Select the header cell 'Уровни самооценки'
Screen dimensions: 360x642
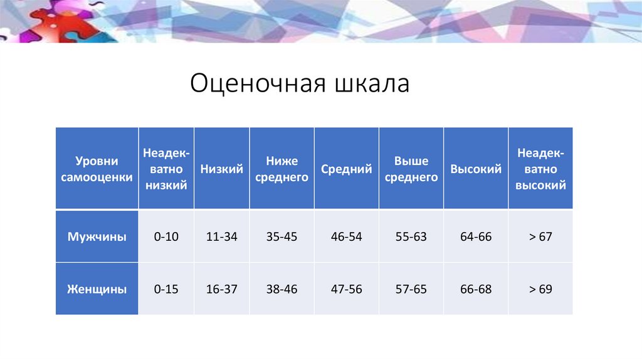coord(96,169)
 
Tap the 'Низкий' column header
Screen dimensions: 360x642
coord(222,169)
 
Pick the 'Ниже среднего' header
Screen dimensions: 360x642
coord(282,169)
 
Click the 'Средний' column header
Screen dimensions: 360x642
coord(347,169)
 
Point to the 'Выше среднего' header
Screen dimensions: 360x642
coord(411,169)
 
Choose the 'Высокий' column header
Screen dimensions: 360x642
coord(476,169)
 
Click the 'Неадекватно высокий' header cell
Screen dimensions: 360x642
coord(540,169)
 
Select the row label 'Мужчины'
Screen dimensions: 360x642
coord(97,237)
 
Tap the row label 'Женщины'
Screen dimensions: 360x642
coord(97,289)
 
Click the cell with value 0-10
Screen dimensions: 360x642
coord(166,237)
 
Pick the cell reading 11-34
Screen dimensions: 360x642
coord(222,237)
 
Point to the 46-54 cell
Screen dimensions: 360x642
coord(347,237)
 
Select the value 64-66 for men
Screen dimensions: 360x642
coord(476,237)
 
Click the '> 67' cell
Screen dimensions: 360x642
coord(540,237)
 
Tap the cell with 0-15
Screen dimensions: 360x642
coord(166,289)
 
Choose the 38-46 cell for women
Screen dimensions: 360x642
coord(282,289)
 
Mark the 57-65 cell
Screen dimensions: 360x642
coord(411,289)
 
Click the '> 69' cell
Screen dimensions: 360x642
coord(540,289)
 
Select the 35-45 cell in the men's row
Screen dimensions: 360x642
coord(282,237)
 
